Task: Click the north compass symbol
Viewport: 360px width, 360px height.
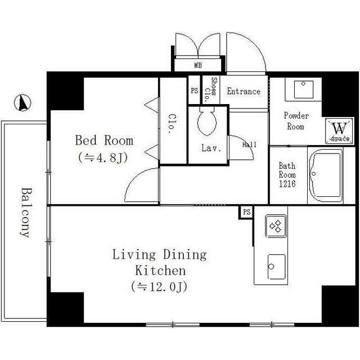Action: click(22, 103)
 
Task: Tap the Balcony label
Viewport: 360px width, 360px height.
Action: click(26, 213)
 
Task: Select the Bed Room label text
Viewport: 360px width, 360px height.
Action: click(104, 140)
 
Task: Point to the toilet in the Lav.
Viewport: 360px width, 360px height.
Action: click(207, 121)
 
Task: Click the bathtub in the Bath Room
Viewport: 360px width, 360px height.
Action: click(326, 175)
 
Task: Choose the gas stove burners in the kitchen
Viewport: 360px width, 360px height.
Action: click(276, 226)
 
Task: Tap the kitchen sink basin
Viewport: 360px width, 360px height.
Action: click(276, 267)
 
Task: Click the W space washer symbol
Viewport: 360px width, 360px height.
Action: click(339, 131)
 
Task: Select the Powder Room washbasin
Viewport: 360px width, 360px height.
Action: click(304, 89)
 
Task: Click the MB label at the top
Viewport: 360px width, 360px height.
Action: click(198, 65)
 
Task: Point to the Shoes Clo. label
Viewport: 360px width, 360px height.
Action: click(210, 89)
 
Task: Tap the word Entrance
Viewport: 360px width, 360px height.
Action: click(244, 91)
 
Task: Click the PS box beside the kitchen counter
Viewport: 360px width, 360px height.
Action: click(246, 212)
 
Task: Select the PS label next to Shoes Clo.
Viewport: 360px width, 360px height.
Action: click(195, 91)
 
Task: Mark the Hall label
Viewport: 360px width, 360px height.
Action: click(249, 145)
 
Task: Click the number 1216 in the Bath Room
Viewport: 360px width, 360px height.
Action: click(287, 184)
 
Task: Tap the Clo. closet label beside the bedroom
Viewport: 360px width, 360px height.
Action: click(172, 124)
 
